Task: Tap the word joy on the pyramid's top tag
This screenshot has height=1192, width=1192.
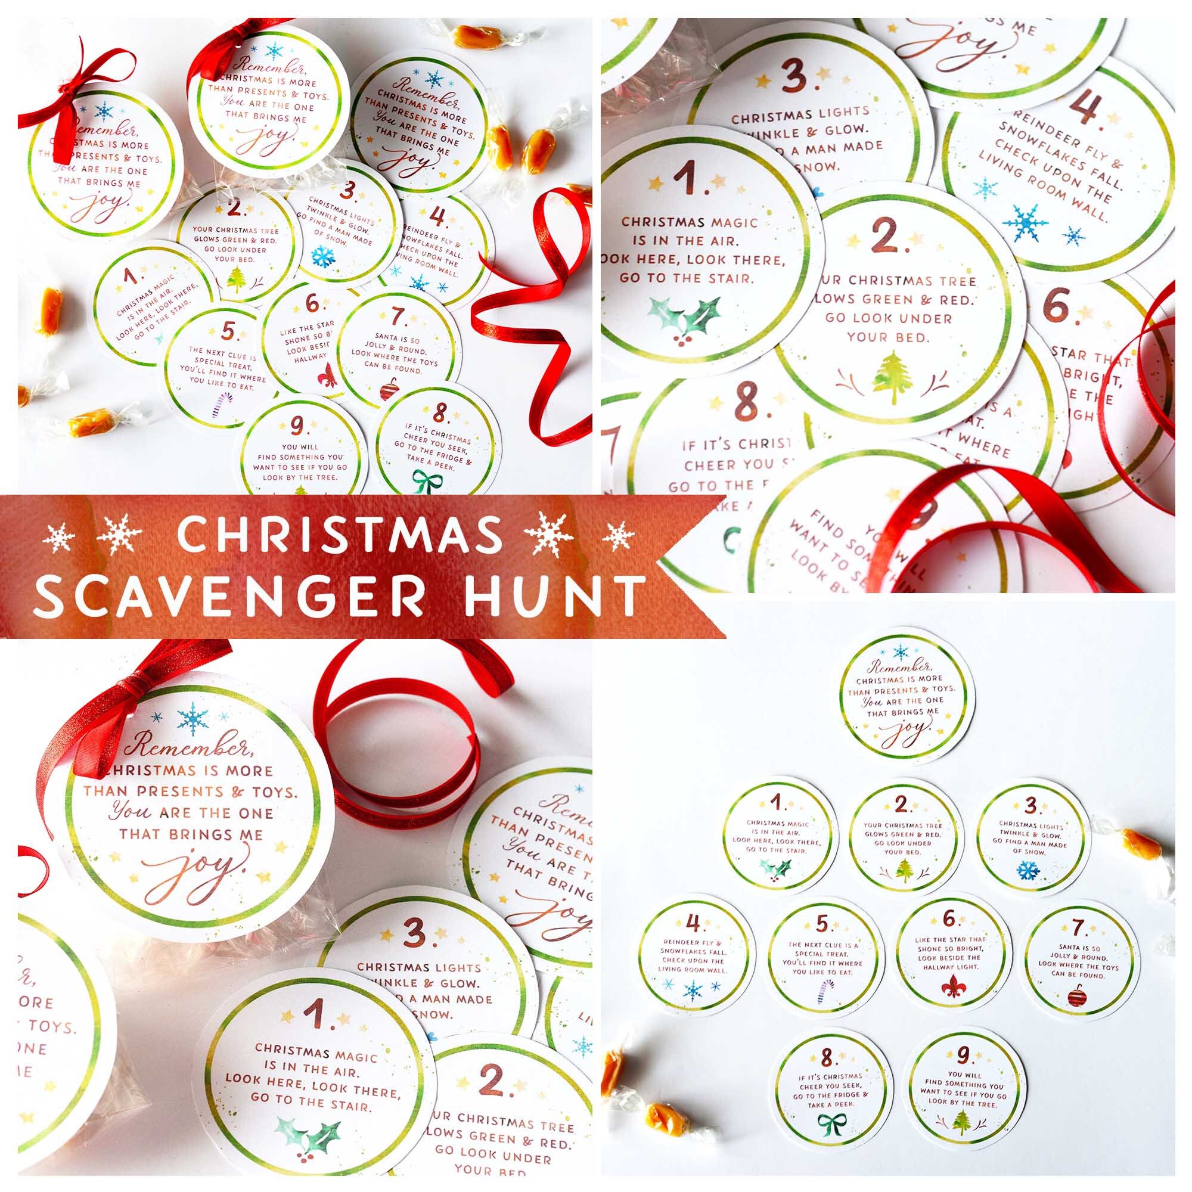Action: (x=900, y=734)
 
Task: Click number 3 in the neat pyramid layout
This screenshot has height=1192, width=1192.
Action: (x=1029, y=806)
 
